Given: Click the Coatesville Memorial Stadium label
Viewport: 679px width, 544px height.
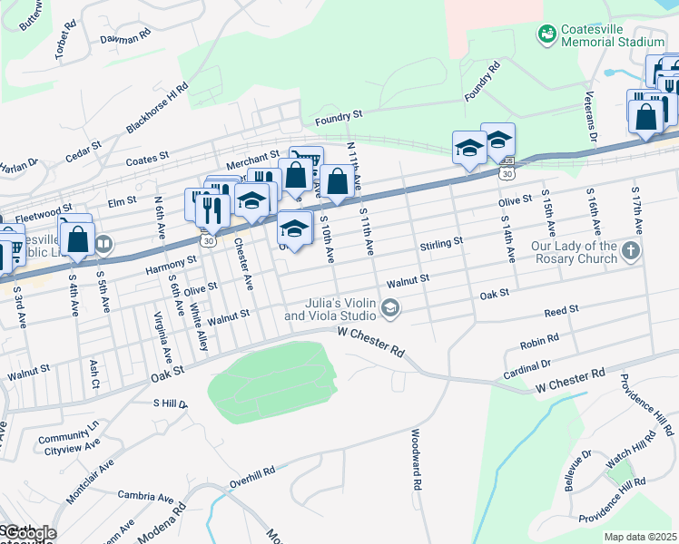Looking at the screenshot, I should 613,35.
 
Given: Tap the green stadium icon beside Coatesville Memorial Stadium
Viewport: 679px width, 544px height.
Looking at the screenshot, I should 546,34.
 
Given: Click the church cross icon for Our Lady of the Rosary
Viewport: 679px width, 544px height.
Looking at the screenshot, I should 632,250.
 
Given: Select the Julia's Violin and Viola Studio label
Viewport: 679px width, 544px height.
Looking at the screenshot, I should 330,309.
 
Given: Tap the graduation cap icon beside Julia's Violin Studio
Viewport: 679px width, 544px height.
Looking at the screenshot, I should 390,310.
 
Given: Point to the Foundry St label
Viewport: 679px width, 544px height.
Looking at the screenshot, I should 338,116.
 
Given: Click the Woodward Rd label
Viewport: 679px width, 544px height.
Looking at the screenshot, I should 418,460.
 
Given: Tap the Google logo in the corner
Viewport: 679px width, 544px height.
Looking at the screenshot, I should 29,533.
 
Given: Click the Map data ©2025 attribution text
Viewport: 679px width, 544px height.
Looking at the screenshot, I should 640,537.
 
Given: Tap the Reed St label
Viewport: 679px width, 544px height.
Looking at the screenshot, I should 561,311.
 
